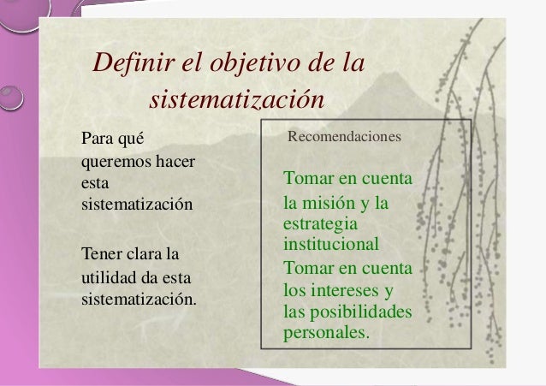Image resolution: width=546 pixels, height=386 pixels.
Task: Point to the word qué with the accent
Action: (133, 138)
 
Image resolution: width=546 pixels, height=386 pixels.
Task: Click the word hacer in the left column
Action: (175, 160)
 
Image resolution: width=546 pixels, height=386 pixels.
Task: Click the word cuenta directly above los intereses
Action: (385, 268)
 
